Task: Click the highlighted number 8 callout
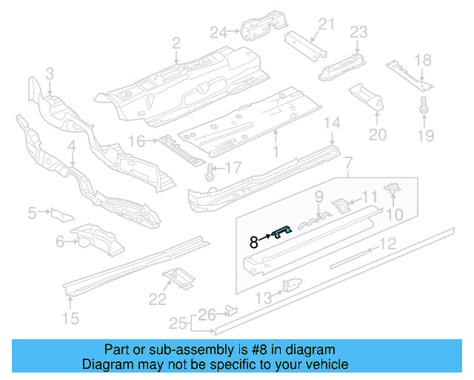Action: [x=253, y=241]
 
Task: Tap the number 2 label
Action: [x=176, y=44]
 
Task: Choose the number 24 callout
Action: [x=217, y=31]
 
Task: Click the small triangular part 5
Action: [x=59, y=215]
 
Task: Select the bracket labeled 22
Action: [x=178, y=278]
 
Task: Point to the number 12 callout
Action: [x=387, y=244]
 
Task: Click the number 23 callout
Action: [x=358, y=31]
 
